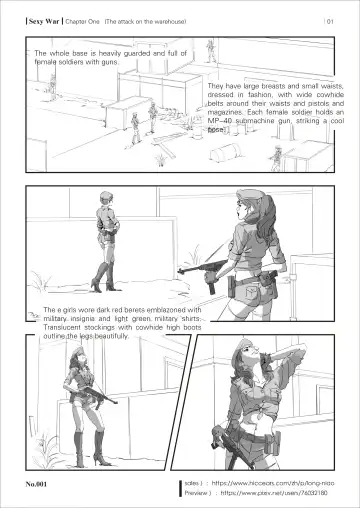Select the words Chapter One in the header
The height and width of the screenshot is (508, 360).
click(84, 21)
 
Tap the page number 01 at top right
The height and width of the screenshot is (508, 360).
click(329, 21)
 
